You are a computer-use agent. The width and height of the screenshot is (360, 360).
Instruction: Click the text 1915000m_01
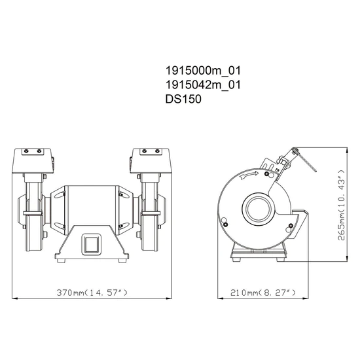(x=203, y=71)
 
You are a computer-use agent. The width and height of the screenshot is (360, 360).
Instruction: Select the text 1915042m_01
(x=203, y=85)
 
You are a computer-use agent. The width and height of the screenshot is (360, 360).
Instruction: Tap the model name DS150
(x=183, y=99)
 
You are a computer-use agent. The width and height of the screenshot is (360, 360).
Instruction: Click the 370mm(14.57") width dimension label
(x=92, y=293)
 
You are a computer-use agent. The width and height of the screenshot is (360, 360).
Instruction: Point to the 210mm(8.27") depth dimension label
(x=263, y=293)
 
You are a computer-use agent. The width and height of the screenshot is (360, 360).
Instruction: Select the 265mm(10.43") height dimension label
(x=342, y=205)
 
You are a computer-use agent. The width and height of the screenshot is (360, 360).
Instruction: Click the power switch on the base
(x=92, y=244)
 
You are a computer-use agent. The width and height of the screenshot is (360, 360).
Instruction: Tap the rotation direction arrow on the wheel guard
(x=249, y=175)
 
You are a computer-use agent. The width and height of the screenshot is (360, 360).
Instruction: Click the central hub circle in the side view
(x=259, y=208)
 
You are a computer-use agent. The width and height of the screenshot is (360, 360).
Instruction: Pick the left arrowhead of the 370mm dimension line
(x=14, y=298)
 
